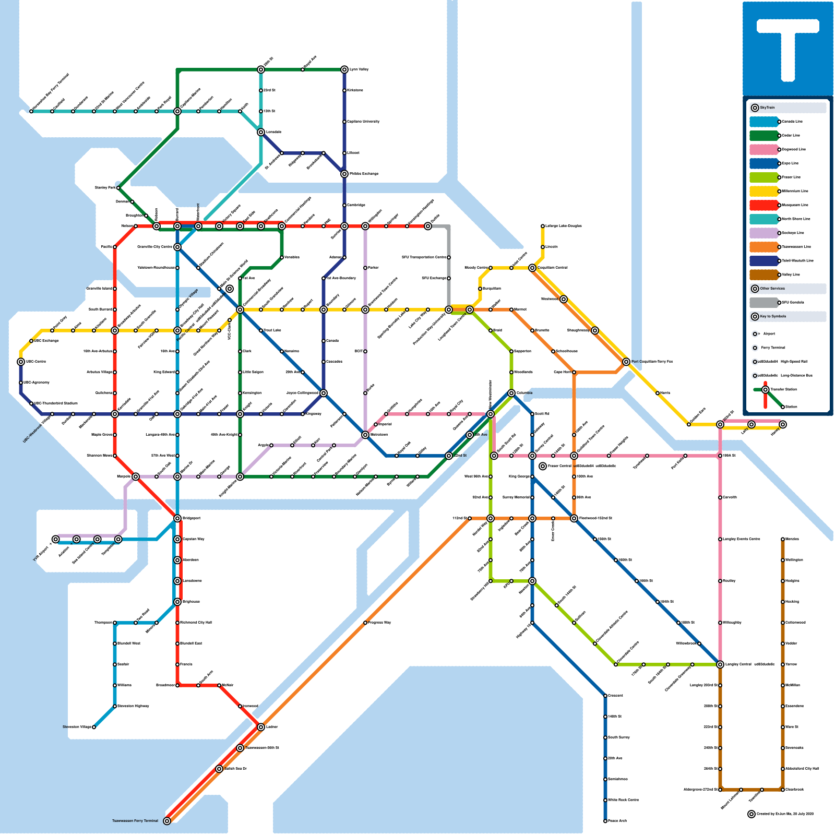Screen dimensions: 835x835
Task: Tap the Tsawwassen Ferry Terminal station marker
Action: pos(167,821)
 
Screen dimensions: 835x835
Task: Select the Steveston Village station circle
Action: pos(94,727)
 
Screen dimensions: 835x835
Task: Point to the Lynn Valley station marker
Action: pos(344,69)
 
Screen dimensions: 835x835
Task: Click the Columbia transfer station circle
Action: pos(511,393)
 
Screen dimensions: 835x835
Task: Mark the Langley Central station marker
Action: pos(720,664)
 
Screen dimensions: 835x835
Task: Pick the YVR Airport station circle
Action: pos(56,539)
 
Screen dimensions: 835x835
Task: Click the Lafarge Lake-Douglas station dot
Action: pos(543,226)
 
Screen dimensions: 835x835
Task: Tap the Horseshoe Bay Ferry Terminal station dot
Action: pos(31,111)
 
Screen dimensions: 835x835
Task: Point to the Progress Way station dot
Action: pos(365,623)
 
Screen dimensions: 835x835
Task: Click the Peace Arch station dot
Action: pos(605,821)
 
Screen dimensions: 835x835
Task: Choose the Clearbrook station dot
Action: pos(783,790)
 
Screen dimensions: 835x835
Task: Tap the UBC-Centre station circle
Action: pos(21,362)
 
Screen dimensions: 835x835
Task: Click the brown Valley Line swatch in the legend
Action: pos(764,275)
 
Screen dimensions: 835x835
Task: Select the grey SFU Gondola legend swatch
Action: pos(764,303)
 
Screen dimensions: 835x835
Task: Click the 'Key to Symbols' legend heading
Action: pos(773,316)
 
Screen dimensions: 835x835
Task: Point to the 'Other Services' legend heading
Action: pos(772,289)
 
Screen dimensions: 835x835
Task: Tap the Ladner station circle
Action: pos(261,727)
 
